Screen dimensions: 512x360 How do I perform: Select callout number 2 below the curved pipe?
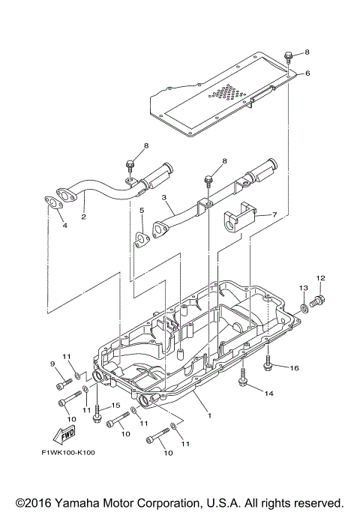83,217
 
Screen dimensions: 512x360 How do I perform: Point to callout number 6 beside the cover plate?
306,73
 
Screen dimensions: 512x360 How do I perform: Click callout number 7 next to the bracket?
274,214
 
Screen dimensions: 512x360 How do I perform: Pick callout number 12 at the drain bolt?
320,278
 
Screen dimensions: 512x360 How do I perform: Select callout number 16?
295,368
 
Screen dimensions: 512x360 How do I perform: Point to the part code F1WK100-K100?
68,452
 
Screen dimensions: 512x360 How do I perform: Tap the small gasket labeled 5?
141,239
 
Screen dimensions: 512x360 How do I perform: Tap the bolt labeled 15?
97,418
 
